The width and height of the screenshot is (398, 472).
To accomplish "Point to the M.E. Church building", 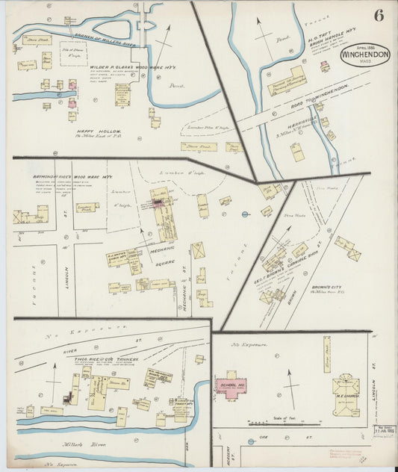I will [346, 386].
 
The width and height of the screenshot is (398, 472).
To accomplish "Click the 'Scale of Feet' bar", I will [284, 419].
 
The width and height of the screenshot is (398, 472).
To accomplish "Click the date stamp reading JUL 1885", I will [383, 432].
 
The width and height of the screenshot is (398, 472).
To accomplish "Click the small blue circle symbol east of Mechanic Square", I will [246, 215].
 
